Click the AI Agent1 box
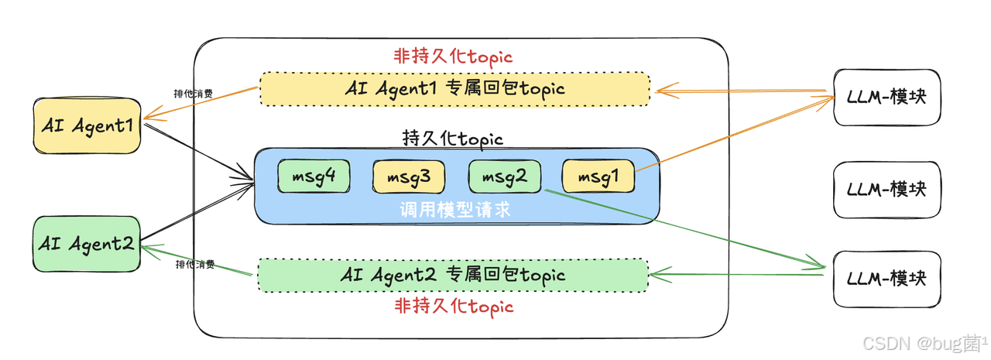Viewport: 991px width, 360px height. (x=87, y=125)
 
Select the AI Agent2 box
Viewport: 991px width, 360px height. (x=87, y=243)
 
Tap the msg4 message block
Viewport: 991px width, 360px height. (x=314, y=177)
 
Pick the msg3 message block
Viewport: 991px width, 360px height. (x=409, y=177)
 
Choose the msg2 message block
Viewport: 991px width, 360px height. (x=505, y=177)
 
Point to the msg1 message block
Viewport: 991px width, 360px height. (x=598, y=177)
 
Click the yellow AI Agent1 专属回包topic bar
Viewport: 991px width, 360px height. (x=454, y=89)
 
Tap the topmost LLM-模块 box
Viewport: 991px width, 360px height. (x=886, y=98)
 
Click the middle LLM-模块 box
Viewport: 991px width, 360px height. (x=886, y=189)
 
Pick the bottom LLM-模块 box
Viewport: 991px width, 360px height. (x=886, y=278)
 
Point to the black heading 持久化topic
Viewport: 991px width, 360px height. (x=453, y=139)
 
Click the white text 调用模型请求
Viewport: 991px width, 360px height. (x=455, y=210)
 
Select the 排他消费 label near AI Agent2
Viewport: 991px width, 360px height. (x=195, y=264)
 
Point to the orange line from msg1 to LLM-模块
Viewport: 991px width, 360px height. (x=736, y=132)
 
